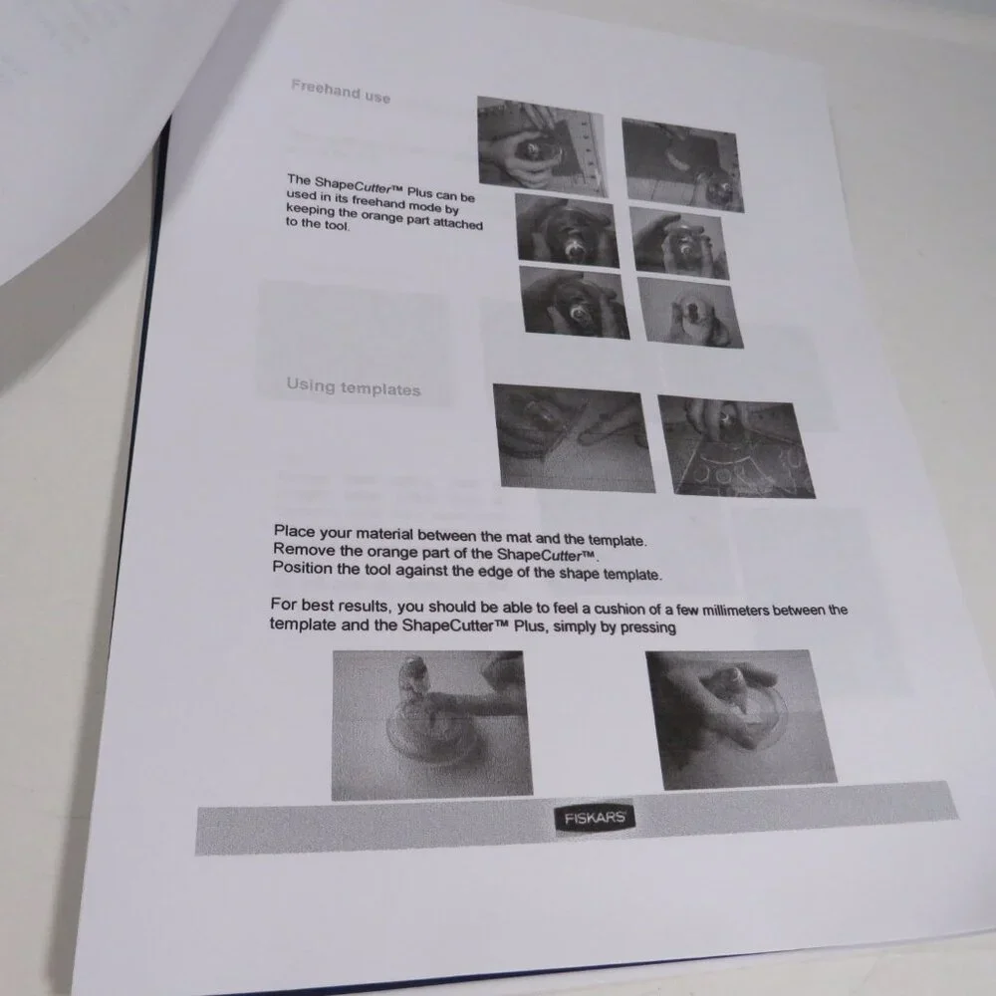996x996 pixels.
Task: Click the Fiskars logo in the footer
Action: (x=595, y=818)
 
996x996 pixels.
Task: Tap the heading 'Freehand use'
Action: (x=341, y=92)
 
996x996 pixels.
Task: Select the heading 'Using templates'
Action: (x=354, y=386)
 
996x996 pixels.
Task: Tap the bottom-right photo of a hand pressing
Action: (x=741, y=718)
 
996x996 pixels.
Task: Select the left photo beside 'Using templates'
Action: (x=574, y=437)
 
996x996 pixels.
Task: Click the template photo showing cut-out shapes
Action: (x=737, y=446)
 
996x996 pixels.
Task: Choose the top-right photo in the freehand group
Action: (x=683, y=164)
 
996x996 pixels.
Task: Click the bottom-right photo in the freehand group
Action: (x=690, y=312)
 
